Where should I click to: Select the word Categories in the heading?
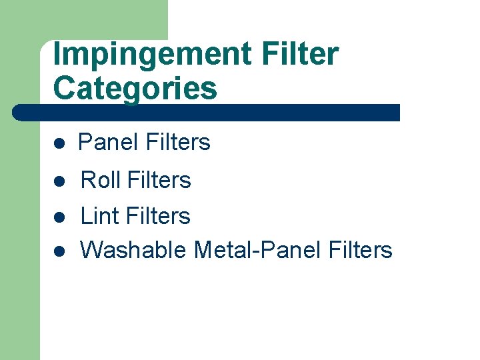coord(135,89)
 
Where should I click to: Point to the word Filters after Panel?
coord(177,142)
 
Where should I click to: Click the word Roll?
coord(101,180)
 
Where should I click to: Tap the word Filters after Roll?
coord(159,180)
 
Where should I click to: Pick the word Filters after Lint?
coord(158,216)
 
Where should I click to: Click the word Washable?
coord(133,250)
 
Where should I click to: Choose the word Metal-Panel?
coord(257,250)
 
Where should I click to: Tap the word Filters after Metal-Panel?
coord(361,250)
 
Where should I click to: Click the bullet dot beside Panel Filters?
coord(59,143)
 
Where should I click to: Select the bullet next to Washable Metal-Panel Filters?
coord(59,251)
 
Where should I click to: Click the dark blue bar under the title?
coord(207,112)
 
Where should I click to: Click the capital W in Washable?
coord(92,250)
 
